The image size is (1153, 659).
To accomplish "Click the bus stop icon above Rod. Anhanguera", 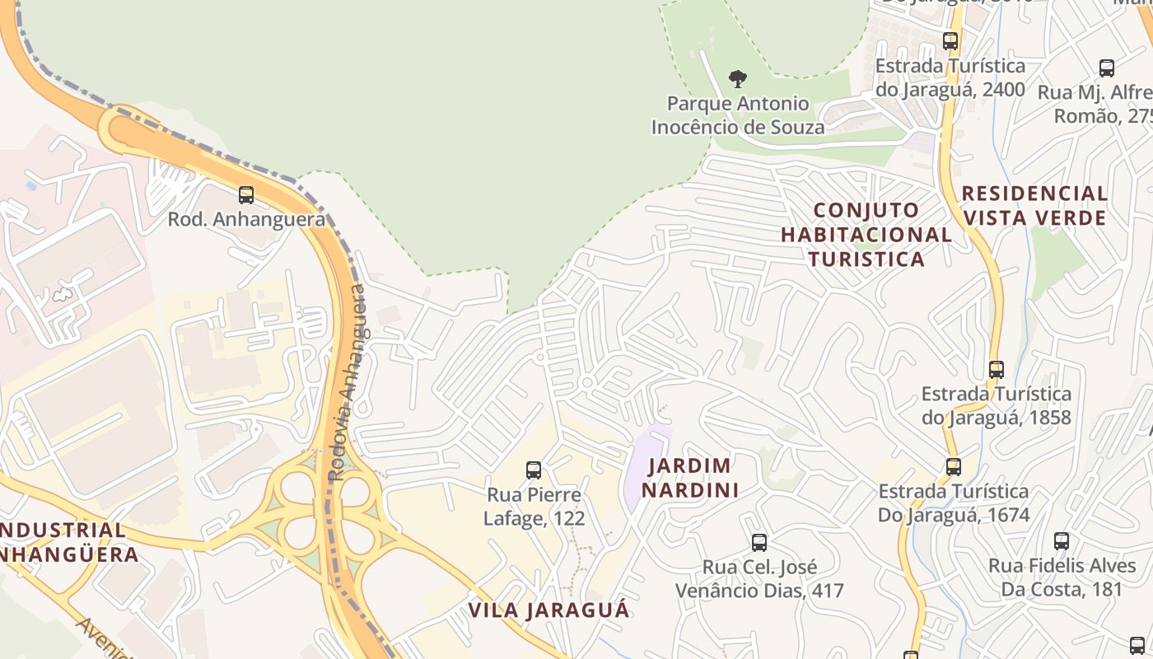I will click(x=245, y=195).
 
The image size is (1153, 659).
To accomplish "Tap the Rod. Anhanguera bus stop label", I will click(x=246, y=219).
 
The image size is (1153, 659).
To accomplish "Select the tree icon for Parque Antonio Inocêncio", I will click(x=738, y=79).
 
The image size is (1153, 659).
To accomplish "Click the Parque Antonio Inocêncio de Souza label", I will click(x=738, y=115).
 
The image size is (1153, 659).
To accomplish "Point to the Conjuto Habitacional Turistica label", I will click(x=866, y=235).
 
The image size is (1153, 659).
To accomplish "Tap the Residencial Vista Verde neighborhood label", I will click(x=1035, y=205).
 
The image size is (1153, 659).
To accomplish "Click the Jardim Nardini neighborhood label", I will click(x=689, y=478).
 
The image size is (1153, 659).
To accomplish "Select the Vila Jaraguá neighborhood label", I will click(x=548, y=610).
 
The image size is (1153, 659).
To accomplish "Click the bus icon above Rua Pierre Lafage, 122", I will click(x=534, y=470).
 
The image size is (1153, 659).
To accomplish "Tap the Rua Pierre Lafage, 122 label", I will click(x=534, y=507).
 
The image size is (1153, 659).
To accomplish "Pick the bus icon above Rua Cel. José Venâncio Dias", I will click(x=759, y=543).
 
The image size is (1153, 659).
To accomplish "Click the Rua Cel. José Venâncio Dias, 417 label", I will click(x=759, y=579).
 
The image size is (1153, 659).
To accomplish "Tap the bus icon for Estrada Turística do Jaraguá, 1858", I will click(x=997, y=370).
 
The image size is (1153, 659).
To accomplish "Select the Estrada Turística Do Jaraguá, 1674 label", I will click(x=954, y=503).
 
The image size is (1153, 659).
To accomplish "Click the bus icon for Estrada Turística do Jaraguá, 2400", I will click(x=950, y=40).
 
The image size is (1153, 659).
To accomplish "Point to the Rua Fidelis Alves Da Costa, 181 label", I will click(x=1062, y=577).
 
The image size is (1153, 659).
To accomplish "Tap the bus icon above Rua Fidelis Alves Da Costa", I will click(x=1062, y=541).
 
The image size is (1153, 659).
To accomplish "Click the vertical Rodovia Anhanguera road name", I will click(x=348, y=383).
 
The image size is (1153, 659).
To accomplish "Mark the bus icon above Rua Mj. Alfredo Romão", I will click(x=1107, y=68).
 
